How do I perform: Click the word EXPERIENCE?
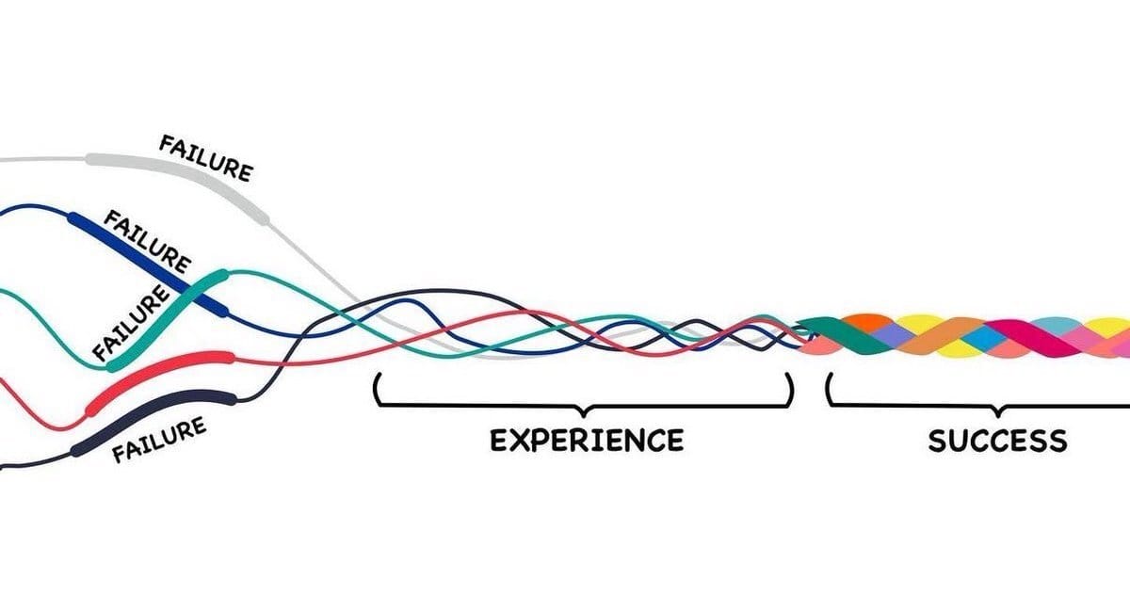pyautogui.click(x=587, y=440)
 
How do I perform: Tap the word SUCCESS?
pyautogui.click(x=997, y=441)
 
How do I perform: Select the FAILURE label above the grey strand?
pyautogui.click(x=205, y=157)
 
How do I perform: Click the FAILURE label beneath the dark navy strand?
pyautogui.click(x=159, y=441)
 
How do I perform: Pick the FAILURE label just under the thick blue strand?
pyautogui.click(x=146, y=239)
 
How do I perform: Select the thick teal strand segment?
pyautogui.click(x=166, y=320)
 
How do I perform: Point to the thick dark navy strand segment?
pyautogui.click(x=155, y=419)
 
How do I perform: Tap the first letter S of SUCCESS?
pyautogui.click(x=938, y=441)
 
